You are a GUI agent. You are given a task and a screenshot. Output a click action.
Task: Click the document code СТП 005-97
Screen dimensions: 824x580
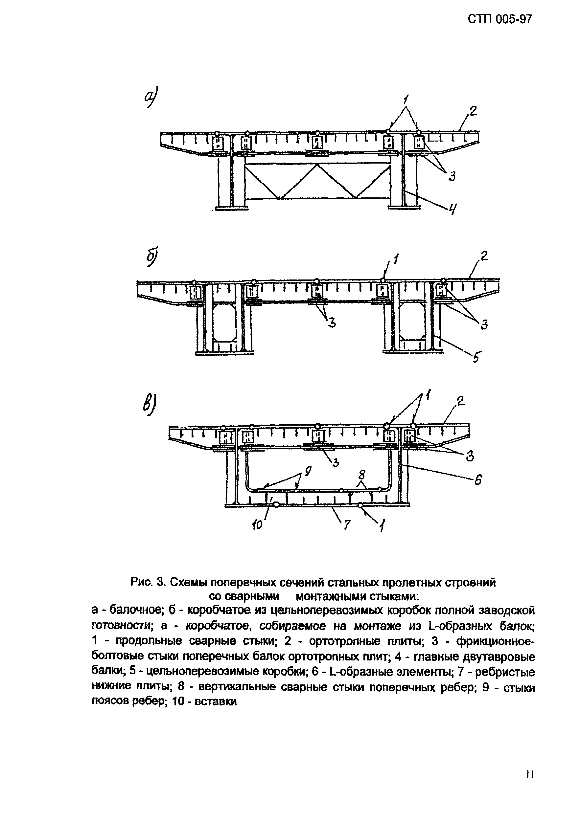coord(499,18)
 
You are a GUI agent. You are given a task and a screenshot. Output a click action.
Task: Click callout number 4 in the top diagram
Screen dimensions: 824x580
coord(453,209)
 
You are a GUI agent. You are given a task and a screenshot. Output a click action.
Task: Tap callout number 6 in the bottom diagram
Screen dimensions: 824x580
coord(478,480)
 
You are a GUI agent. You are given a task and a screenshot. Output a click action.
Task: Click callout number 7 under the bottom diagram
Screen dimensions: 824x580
coord(347,525)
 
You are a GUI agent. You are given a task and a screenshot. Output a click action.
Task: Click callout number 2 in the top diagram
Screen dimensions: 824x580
coord(473,112)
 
